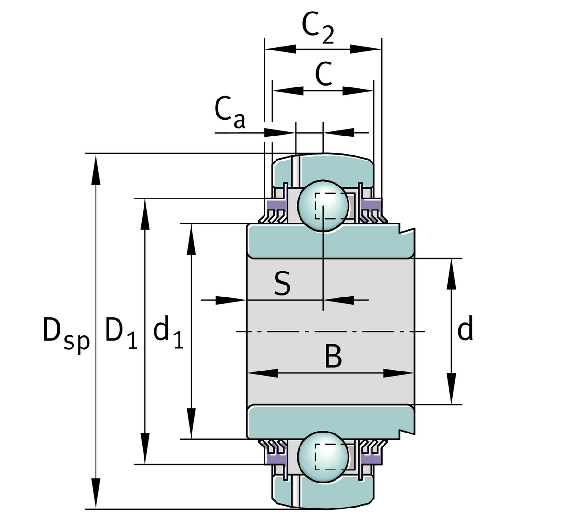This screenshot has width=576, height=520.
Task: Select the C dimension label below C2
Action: point(324,74)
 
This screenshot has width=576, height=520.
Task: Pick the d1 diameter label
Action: point(168,332)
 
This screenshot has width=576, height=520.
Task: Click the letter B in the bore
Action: point(333,357)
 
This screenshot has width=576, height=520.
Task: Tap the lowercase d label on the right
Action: point(465,330)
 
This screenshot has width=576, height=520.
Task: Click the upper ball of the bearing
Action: point(323,206)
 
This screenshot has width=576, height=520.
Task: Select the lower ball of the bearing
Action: point(323,456)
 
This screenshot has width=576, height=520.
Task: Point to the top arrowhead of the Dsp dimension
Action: point(96,168)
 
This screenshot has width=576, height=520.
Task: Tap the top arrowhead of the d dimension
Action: point(451,274)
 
